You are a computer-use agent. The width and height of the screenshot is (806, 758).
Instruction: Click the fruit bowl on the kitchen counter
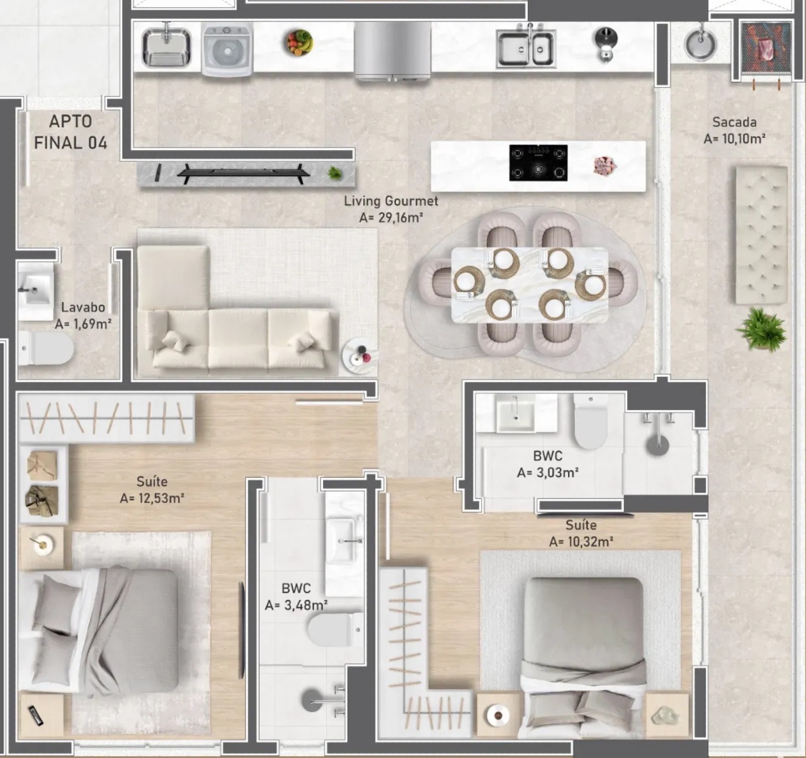click(x=300, y=43)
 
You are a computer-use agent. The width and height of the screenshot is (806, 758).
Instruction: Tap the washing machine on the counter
click(x=227, y=50)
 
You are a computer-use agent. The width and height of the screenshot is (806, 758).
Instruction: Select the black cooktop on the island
click(x=538, y=163)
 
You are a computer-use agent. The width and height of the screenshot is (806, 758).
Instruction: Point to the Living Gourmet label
click(x=390, y=202)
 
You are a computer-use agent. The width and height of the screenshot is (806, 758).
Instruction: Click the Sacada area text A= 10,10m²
click(x=734, y=139)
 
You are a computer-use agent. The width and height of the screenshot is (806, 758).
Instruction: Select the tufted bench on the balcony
click(x=761, y=234)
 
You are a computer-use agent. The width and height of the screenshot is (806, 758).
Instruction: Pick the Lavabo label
click(x=83, y=307)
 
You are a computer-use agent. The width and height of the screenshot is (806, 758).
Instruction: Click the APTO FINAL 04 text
click(x=71, y=132)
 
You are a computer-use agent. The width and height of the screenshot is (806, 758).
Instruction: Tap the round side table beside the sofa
click(x=360, y=357)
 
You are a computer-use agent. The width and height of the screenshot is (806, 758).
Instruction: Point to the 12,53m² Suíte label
click(x=152, y=482)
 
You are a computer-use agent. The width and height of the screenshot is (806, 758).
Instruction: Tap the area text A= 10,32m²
click(x=581, y=541)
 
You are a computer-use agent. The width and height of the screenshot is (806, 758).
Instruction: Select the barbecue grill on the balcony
click(x=763, y=48)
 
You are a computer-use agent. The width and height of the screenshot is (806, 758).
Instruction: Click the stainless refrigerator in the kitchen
click(x=392, y=50)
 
